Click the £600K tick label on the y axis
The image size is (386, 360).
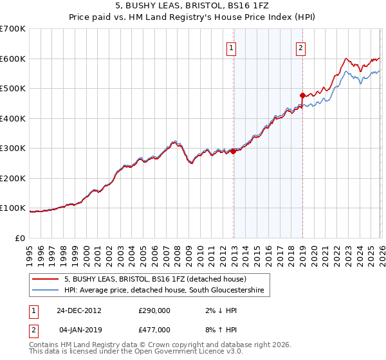pyautogui.click(x=13, y=59)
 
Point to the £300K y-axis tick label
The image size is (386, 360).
pyautogui.click(x=13, y=148)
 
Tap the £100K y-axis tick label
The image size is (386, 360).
pyautogui.click(x=13, y=208)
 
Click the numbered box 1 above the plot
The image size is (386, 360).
pyautogui.click(x=231, y=47)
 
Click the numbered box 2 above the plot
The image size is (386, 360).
pyautogui.click(x=300, y=47)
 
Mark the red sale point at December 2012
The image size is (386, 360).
pyautogui.click(x=234, y=152)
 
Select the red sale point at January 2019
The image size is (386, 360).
pyautogui.click(x=302, y=95)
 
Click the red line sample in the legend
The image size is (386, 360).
pyautogui.click(x=46, y=279)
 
